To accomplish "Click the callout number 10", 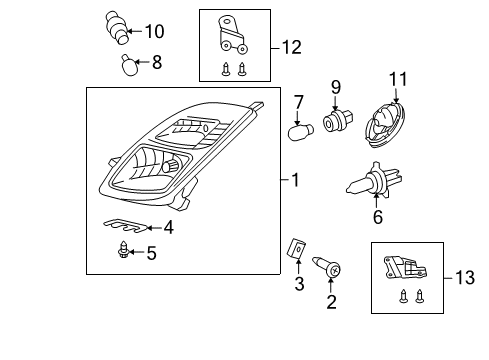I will (x=154, y=31).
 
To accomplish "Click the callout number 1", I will (x=295, y=181).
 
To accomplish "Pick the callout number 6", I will (x=377, y=216).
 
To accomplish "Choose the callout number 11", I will (x=397, y=77).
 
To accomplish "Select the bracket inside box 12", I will (x=232, y=37).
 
